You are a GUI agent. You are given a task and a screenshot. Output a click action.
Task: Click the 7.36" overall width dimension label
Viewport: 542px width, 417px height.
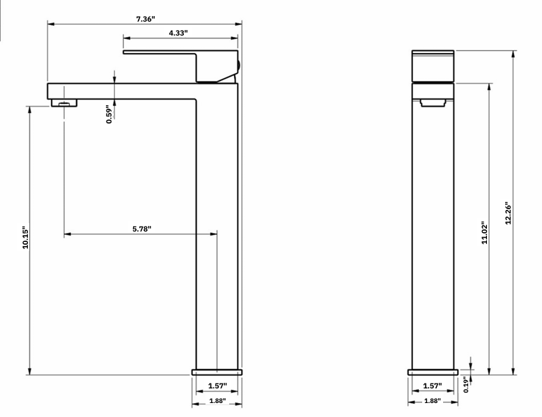click(144, 19)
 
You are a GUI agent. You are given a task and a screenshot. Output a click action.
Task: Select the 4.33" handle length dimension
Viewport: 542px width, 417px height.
click(178, 33)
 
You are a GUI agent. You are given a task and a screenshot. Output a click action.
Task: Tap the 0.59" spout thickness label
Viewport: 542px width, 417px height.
click(109, 114)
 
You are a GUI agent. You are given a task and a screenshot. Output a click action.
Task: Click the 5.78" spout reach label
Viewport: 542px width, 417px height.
click(141, 228)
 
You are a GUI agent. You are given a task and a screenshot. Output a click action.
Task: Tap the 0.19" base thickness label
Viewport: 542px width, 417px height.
click(467, 385)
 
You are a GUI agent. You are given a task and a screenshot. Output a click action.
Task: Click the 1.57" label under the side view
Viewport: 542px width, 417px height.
click(217, 386)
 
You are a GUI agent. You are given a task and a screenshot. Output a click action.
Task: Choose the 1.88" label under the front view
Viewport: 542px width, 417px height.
click(432, 401)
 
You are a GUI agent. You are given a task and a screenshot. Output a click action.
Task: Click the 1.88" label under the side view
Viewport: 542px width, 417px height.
click(217, 401)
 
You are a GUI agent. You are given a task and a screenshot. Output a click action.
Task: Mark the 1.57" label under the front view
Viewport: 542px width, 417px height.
click(432, 386)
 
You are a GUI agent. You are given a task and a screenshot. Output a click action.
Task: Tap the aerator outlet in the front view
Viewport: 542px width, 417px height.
click(433, 103)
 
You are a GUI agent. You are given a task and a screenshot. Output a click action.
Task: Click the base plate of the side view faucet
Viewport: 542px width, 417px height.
click(217, 372)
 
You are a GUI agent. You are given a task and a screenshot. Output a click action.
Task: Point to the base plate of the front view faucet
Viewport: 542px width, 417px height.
click(433, 372)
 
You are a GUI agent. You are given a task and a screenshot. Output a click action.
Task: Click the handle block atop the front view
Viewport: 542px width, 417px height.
click(433, 66)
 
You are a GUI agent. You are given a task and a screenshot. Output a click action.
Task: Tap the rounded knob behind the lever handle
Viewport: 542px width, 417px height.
click(238, 66)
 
